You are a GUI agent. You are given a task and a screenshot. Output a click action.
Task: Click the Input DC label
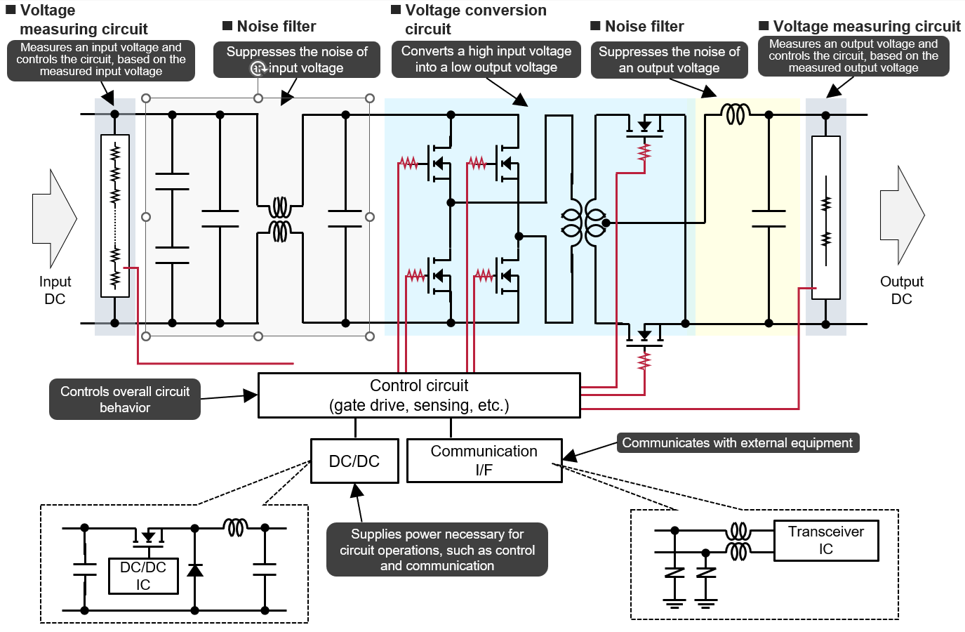(55, 290)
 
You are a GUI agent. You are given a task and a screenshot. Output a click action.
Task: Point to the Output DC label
(902, 290)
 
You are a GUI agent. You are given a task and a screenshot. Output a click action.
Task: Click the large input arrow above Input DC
(55, 218)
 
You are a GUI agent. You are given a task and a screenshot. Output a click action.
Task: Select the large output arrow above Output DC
(902, 215)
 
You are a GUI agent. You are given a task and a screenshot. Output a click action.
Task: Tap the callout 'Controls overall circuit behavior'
(125, 399)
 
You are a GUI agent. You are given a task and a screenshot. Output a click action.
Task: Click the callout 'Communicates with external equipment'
(738, 442)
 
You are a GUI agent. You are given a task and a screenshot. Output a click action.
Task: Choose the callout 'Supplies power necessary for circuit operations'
(437, 550)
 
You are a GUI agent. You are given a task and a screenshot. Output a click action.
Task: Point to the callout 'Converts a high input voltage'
(486, 59)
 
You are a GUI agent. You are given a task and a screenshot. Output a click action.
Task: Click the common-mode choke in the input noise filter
(280, 219)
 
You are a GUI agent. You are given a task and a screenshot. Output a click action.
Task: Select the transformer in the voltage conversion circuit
(584, 223)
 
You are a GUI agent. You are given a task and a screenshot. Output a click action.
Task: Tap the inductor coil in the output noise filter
(736, 114)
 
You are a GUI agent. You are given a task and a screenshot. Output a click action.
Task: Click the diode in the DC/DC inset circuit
(194, 570)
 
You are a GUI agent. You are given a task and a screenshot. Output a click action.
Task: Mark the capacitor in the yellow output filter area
(768, 218)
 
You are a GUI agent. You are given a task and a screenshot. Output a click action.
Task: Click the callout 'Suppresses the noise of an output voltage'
(669, 60)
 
